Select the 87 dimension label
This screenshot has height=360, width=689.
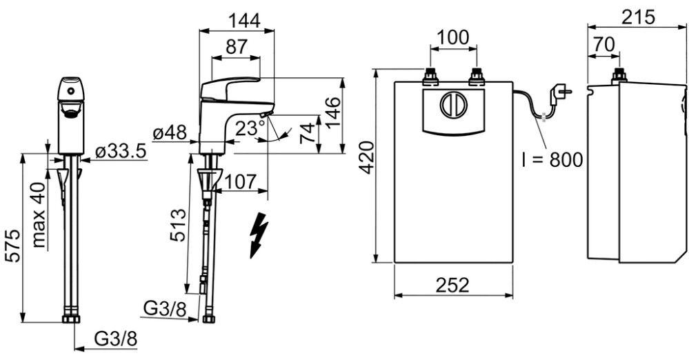click(x=237, y=47)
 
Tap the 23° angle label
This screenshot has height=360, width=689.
click(x=250, y=129)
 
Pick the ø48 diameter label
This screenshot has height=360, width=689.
click(x=170, y=132)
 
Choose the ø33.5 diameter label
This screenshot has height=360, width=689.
click(x=121, y=152)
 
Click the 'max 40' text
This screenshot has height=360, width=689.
click(x=39, y=215)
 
